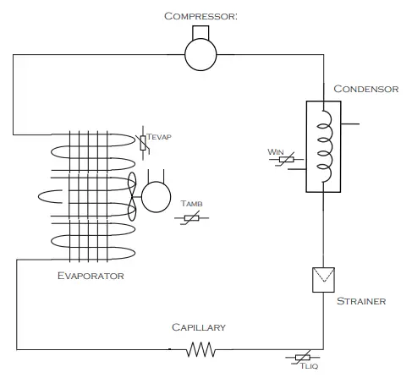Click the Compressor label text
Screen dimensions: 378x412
tap(200, 15)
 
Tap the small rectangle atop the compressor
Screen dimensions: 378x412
tap(201, 32)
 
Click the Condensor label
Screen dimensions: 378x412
tap(365, 89)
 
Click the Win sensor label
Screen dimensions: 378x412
tap(275, 152)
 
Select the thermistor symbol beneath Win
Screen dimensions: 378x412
tap(284, 161)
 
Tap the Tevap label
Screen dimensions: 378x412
tap(159, 135)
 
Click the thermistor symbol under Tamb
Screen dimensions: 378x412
tap(192, 217)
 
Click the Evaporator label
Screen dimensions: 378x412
tap(91, 276)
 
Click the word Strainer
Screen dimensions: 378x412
tap(361, 301)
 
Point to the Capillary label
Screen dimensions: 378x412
tap(199, 327)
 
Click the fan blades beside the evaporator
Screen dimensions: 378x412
tap(132, 196)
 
